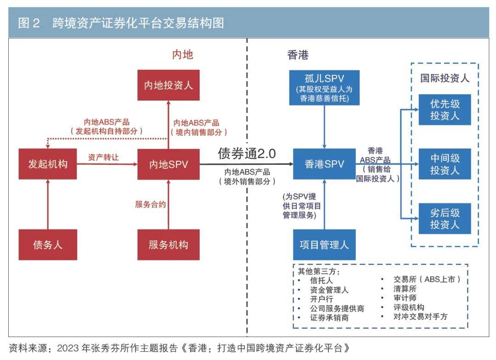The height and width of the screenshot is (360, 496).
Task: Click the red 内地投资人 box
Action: pyautogui.click(x=169, y=85)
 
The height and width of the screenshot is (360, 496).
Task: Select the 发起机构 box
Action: pyautogui.click(x=48, y=164)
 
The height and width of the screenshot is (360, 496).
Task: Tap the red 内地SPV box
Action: pyautogui.click(x=169, y=164)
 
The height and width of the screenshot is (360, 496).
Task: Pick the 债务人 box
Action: pyautogui.click(x=48, y=244)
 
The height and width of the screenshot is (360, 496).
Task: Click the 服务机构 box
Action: pyautogui.click(x=169, y=244)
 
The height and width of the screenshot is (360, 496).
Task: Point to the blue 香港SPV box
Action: pyautogui.click(x=324, y=164)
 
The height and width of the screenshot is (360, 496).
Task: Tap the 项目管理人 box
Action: pyautogui.click(x=324, y=244)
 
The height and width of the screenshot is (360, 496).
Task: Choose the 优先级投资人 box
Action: pyautogui.click(x=445, y=109)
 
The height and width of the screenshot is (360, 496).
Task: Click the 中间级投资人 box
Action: pyautogui.click(x=445, y=164)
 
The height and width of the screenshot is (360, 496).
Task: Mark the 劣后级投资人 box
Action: pyautogui.click(x=445, y=219)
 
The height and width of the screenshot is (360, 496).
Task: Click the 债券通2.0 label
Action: pyautogui.click(x=247, y=154)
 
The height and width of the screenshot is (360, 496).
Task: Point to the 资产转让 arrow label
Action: pyautogui.click(x=104, y=157)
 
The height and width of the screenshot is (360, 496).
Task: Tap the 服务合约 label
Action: pyautogui.click(x=150, y=204)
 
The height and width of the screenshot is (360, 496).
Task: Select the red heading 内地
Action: pyautogui.click(x=182, y=55)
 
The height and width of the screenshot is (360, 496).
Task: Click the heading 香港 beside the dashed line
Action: pyautogui.click(x=298, y=55)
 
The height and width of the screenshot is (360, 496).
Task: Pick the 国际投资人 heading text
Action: pyautogui.click(x=445, y=78)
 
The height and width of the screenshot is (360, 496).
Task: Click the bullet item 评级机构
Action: pyautogui.click(x=408, y=307)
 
